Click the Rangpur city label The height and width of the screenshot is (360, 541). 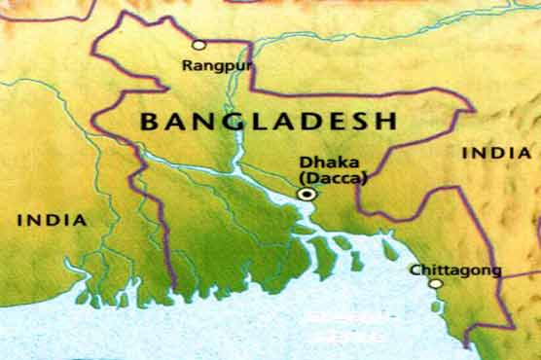pos(210,66)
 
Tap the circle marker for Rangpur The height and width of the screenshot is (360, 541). pos(198,45)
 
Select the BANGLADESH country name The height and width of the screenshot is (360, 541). pos(269,122)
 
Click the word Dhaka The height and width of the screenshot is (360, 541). pos(320,163)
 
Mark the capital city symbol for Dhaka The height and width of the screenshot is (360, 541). pos(307,195)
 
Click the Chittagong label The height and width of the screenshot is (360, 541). pos(442,270)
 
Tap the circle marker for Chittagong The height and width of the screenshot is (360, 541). pos(435,284)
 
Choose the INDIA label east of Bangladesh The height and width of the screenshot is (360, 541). pos(496,153)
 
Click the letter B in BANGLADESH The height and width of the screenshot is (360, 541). pos(149,122)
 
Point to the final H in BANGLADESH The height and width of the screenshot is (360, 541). pos(388,122)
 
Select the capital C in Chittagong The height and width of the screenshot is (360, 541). pos(415,269)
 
